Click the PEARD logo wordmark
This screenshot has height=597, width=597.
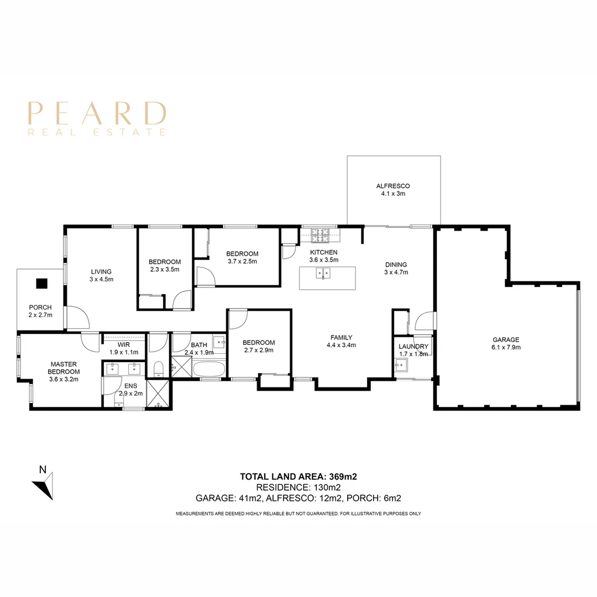pyautogui.click(x=97, y=113)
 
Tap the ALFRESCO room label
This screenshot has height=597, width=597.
pyautogui.click(x=393, y=186)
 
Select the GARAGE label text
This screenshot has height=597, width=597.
pyautogui.click(x=506, y=339)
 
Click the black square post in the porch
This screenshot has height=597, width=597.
pyautogui.click(x=41, y=284)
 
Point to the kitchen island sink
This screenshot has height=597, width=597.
pyautogui.click(x=323, y=273)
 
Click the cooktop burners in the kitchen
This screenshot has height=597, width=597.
pyautogui.click(x=320, y=235)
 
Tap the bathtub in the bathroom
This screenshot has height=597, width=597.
pyautogui.click(x=209, y=369)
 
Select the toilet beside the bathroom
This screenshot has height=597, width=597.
pyautogui.click(x=159, y=369)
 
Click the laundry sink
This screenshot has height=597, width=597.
pyautogui.click(x=401, y=365)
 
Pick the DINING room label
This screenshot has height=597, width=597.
pyautogui.click(x=396, y=265)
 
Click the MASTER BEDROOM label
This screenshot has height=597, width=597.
pyautogui.click(x=64, y=368)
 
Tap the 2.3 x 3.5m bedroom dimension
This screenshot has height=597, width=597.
pyautogui.click(x=165, y=270)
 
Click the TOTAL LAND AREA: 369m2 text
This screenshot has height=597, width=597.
pyautogui.click(x=298, y=476)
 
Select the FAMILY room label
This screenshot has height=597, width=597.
pyautogui.click(x=341, y=337)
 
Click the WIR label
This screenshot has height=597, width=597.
pyautogui.click(x=124, y=345)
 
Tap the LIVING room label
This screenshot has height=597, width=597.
pyautogui.click(x=101, y=272)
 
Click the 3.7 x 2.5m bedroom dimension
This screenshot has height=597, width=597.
pyautogui.click(x=243, y=261)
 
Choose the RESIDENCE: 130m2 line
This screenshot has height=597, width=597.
pyautogui.click(x=298, y=488)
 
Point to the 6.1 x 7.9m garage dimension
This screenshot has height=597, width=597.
pyautogui.click(x=506, y=347)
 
